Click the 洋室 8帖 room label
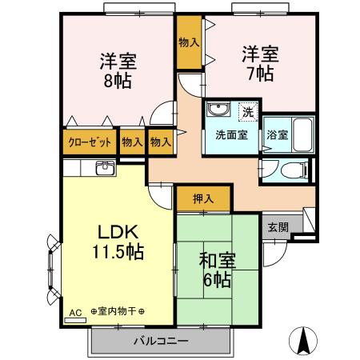pos(117,70)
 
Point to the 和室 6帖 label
pos(217,270)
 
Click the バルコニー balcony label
pos(160,342)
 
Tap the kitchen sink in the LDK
pos(105,167)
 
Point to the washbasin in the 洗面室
pos(218,110)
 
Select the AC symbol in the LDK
pos(76,313)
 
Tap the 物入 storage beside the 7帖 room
pos(189,42)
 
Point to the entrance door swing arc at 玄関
pos(274,254)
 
